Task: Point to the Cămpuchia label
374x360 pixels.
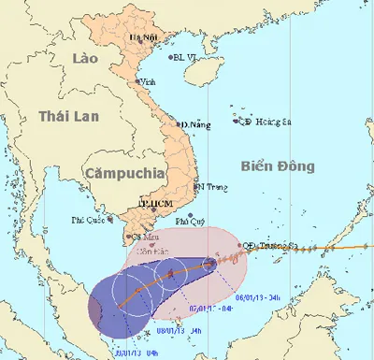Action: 122,173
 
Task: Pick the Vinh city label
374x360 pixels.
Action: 148,82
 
